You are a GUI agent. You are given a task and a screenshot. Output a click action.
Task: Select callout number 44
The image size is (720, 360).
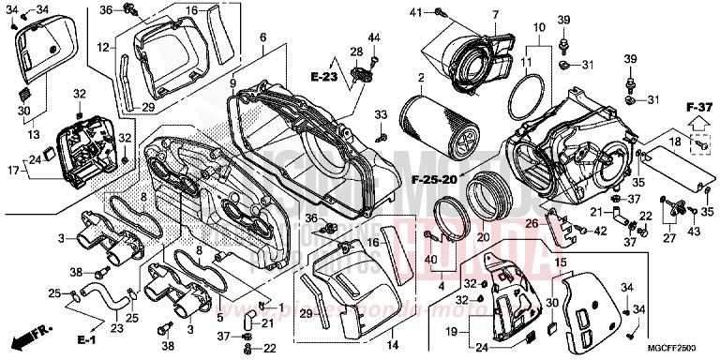[x=374, y=37]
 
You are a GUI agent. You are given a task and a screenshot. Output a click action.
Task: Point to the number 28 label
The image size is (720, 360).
[x=356, y=51]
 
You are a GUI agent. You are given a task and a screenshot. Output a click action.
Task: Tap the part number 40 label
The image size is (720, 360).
[x=431, y=259]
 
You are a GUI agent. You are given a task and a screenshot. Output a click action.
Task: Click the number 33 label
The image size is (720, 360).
[x=381, y=113]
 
